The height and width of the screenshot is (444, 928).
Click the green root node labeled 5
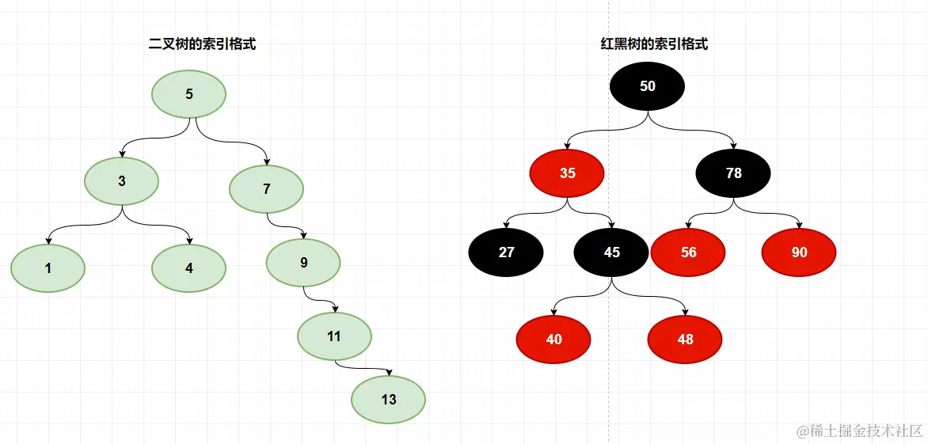click(189, 94)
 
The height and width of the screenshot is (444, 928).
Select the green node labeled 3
click(122, 180)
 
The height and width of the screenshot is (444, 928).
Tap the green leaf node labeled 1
click(48, 268)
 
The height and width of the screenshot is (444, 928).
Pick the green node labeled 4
click(189, 268)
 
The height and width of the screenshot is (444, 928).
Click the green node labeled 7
click(267, 188)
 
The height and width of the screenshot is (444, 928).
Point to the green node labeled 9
click(304, 263)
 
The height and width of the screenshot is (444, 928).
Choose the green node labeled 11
click(334, 336)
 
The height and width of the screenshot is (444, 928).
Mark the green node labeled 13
click(389, 399)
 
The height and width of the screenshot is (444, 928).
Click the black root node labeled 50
click(648, 86)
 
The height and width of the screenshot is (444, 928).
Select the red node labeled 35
click(568, 173)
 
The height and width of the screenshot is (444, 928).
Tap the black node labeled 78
click(734, 173)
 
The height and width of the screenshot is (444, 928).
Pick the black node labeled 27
click(507, 252)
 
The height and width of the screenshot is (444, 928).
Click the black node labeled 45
click(612, 252)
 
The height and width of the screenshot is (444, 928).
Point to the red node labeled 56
click(689, 252)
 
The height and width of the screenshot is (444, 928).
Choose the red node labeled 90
click(800, 252)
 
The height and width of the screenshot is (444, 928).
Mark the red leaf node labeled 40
click(554, 339)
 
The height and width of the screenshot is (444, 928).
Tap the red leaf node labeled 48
click(686, 339)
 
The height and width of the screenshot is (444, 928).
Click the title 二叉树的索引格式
click(203, 45)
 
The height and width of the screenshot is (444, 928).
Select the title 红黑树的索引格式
click(655, 45)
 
